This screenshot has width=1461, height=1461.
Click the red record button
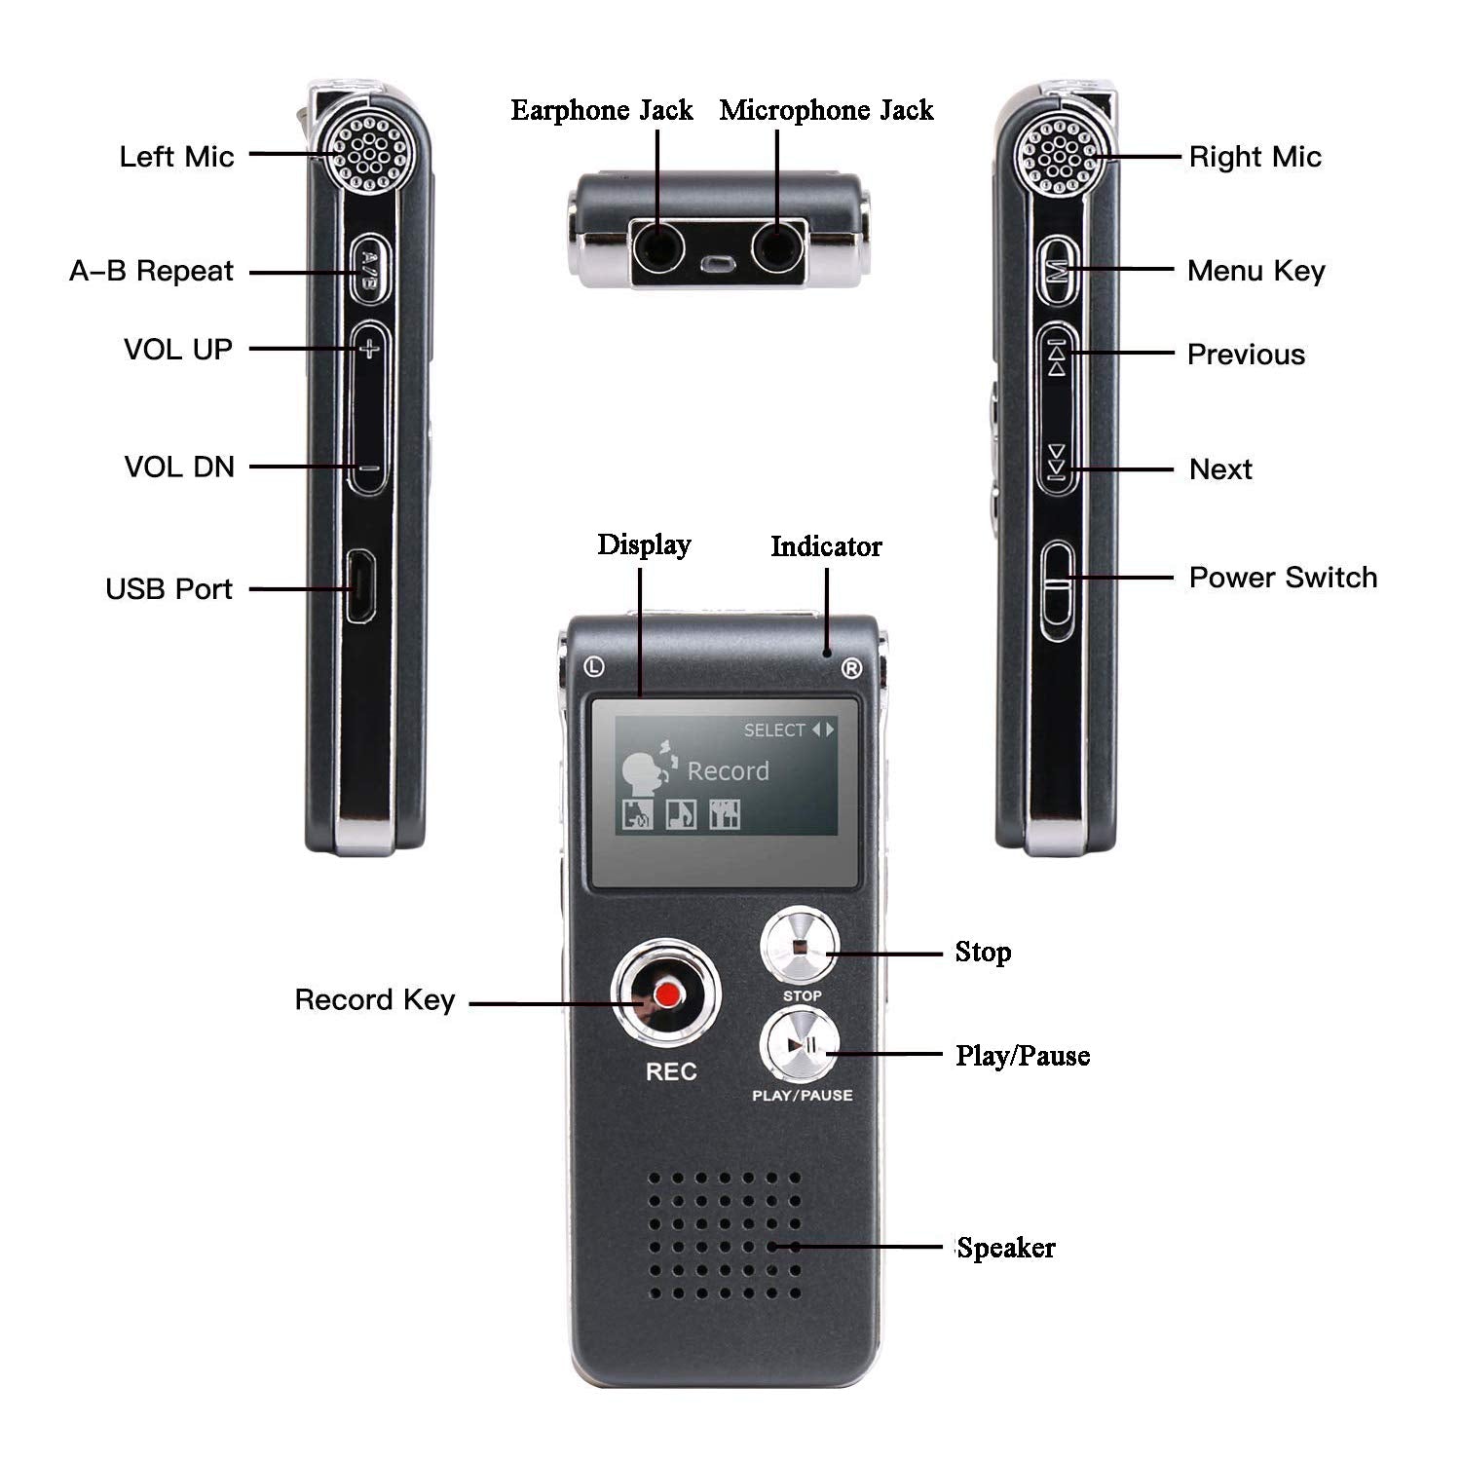coord(667,994)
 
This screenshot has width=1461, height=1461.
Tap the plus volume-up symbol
coord(367,348)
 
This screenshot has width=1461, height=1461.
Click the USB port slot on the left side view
coord(358,586)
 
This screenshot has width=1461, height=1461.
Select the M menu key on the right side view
coord(1058,269)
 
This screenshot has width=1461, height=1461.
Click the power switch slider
coord(1057,591)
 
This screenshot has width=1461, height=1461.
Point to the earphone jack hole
coord(657,249)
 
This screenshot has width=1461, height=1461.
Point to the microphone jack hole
coord(777,249)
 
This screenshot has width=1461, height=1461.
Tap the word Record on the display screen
coord(728,771)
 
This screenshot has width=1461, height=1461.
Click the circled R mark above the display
coord(851,668)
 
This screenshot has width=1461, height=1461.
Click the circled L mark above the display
coord(594,667)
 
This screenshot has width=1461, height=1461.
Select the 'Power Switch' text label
coord(1283,578)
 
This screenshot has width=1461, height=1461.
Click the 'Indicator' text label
coord(826,546)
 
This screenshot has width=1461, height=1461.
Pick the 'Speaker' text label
coord(1006,1248)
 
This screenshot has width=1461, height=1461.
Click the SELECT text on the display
coord(774,730)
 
